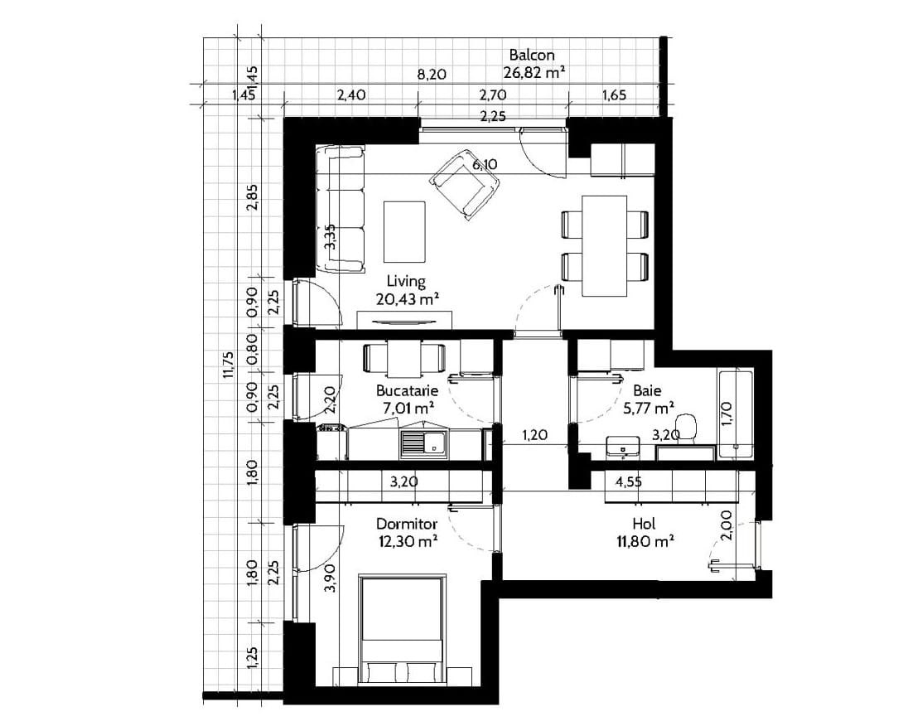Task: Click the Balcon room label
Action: tap(532, 55)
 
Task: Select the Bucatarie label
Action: tap(407, 390)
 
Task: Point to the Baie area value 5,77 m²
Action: tap(647, 409)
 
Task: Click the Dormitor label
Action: tap(407, 525)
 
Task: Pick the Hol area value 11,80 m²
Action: tap(644, 542)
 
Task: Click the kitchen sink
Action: tap(423, 443)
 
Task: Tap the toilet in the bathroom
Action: tap(686, 428)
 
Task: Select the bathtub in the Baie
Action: tap(734, 414)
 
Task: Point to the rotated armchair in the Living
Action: tap(465, 184)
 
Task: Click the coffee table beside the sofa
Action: tap(404, 231)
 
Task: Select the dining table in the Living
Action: tap(605, 245)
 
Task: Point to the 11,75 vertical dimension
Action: tap(228, 365)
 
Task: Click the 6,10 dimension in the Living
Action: tap(485, 165)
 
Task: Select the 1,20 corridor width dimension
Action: tap(534, 435)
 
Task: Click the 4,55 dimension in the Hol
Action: tap(628, 482)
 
